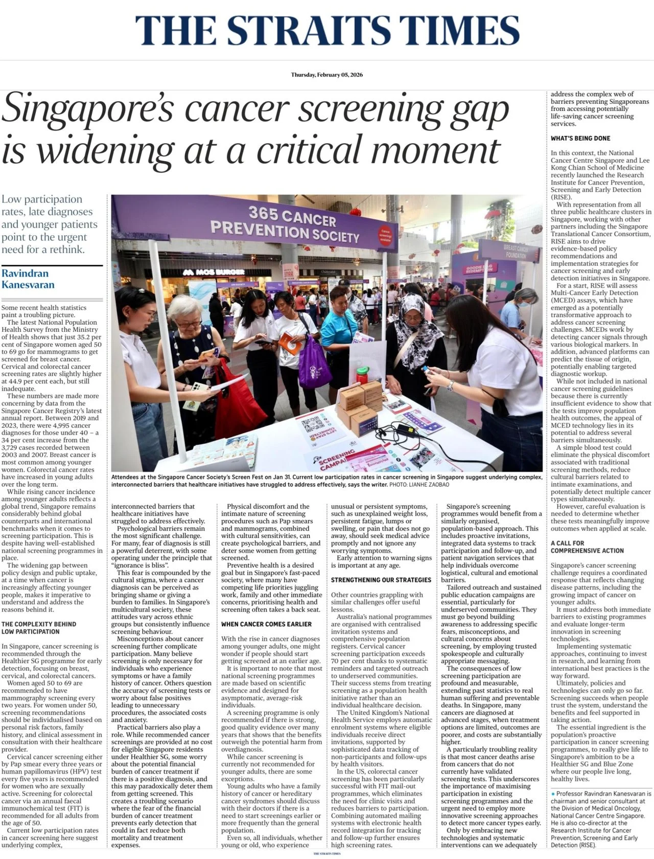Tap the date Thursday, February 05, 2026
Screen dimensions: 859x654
327,75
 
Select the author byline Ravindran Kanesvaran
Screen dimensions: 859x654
28,279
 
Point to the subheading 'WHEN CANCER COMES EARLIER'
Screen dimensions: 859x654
266,624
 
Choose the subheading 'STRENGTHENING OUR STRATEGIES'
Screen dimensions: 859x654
381,580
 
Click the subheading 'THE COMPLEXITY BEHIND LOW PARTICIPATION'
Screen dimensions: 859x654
39,628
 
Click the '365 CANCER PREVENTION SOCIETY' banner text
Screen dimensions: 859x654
285,224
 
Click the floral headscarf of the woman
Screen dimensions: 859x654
410,313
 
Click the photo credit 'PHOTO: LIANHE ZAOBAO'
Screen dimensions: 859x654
421,484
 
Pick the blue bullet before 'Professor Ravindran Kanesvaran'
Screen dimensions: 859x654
553,794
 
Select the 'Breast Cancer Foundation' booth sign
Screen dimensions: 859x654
516,251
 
